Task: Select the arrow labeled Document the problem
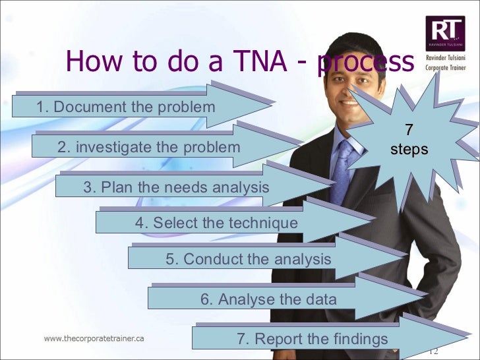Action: [x=126, y=107]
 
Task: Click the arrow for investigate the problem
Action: [x=149, y=147]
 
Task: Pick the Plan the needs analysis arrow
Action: [x=176, y=187]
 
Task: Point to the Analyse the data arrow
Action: [x=268, y=299]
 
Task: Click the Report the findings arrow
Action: [x=313, y=339]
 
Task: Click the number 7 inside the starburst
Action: [x=409, y=131]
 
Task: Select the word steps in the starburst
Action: [x=409, y=150]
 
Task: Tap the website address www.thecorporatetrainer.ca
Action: [x=94, y=338]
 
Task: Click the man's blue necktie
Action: [x=342, y=172]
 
